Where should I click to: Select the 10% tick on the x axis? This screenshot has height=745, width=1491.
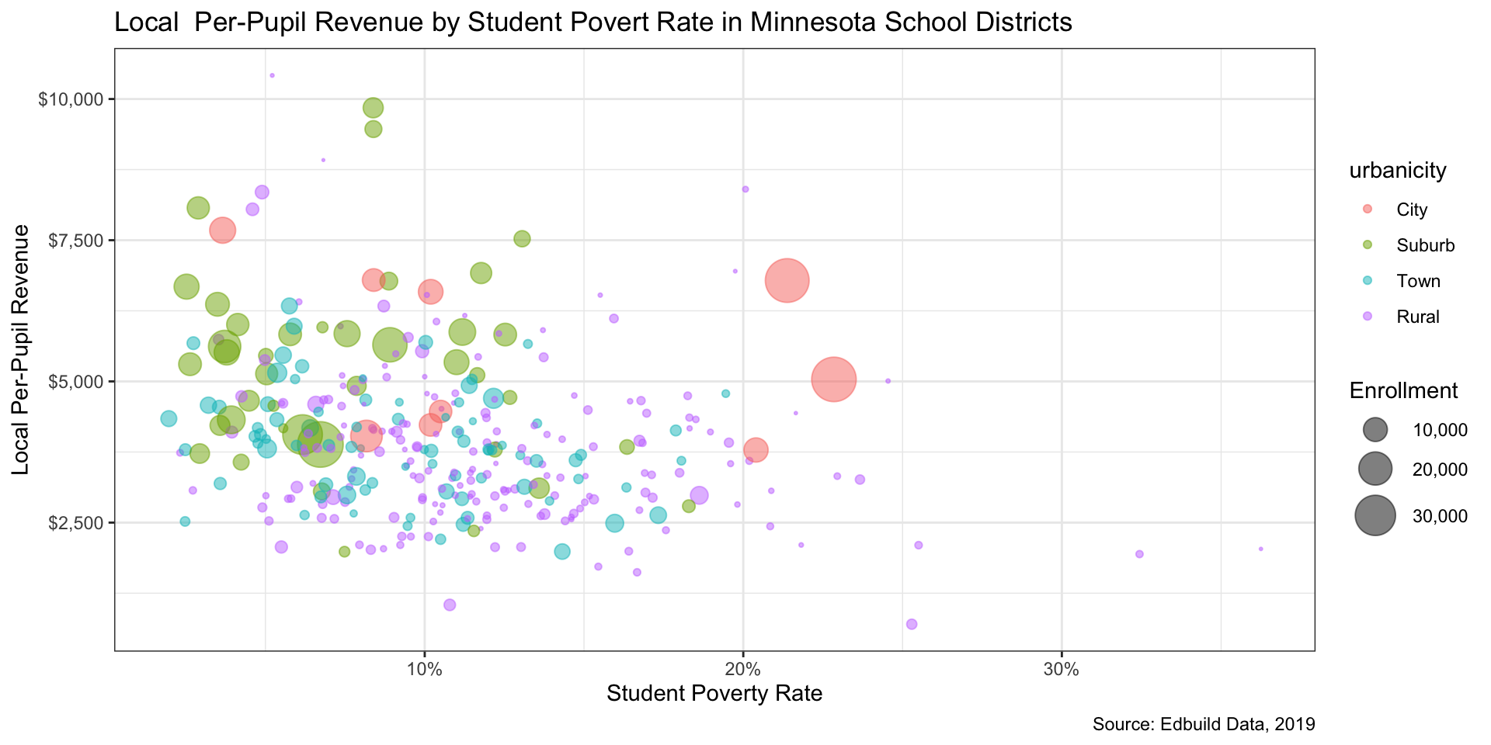pyautogui.click(x=424, y=670)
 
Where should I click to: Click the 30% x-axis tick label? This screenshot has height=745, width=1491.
pyautogui.click(x=1061, y=670)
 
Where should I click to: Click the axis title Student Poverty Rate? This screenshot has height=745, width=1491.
pyautogui.click(x=714, y=693)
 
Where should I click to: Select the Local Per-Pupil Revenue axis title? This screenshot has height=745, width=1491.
pyautogui.click(x=21, y=349)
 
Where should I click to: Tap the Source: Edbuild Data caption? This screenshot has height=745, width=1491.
pyautogui.click(x=1203, y=725)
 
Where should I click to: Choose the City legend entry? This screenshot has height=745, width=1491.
pyautogui.click(x=1411, y=210)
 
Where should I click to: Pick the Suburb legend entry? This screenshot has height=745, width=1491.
pyautogui.click(x=1425, y=245)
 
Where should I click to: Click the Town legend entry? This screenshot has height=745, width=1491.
pyautogui.click(x=1418, y=281)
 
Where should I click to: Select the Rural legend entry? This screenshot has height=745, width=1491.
pyautogui.click(x=1417, y=317)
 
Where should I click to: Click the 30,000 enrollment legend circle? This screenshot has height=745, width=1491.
pyautogui.click(x=1375, y=515)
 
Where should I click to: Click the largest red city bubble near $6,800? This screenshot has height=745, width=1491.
pyautogui.click(x=787, y=280)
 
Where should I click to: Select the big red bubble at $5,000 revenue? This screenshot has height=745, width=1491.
pyautogui.click(x=833, y=379)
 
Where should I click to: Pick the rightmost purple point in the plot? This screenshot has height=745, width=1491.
pyautogui.click(x=1260, y=549)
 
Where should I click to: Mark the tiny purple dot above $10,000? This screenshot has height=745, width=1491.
pyautogui.click(x=272, y=75)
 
